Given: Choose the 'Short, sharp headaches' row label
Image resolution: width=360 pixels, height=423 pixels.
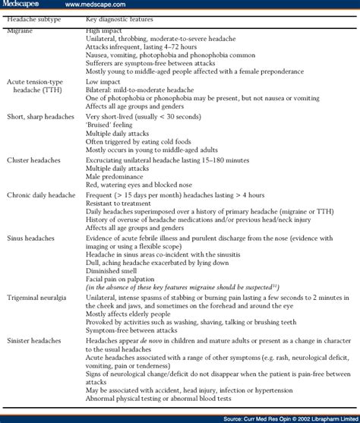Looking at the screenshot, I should coord(39,118).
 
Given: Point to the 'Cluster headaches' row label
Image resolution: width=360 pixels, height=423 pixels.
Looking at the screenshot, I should coord(32,160).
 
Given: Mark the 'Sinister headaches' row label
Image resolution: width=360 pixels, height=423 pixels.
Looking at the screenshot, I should coord(33,342).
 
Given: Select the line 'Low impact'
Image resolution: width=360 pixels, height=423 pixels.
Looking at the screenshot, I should coord(103,80).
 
